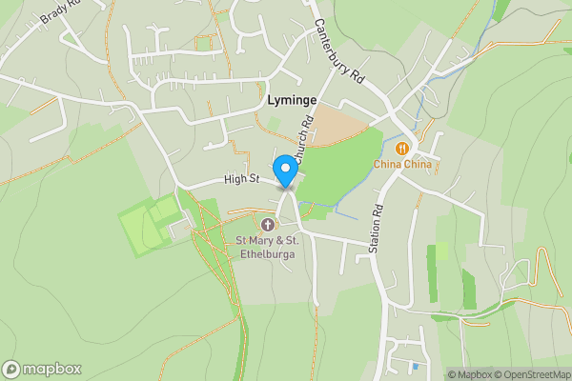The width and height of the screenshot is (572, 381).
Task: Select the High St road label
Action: tap(242, 178)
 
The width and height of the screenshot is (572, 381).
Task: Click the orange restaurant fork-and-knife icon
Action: tap(402, 148)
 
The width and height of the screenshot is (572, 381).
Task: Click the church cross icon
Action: tap(267, 225)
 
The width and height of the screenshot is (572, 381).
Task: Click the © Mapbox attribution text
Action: tap(469, 374)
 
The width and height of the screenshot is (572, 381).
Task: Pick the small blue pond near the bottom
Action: tap(414, 366)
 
